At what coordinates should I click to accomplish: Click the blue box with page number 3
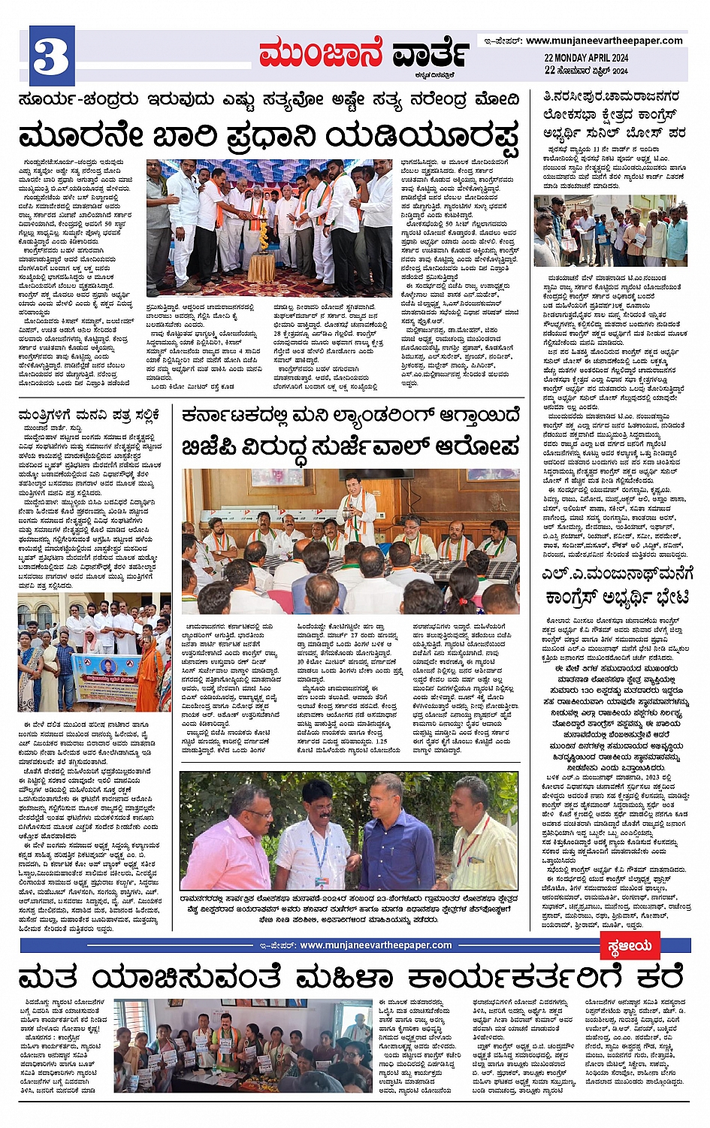pyautogui.click(x=51, y=56)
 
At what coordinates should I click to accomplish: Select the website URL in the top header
pyautogui.click(x=604, y=41)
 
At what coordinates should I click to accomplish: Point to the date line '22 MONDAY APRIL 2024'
pyautogui.click(x=586, y=58)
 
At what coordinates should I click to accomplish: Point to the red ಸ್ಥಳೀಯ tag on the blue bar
pyautogui.click(x=629, y=946)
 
